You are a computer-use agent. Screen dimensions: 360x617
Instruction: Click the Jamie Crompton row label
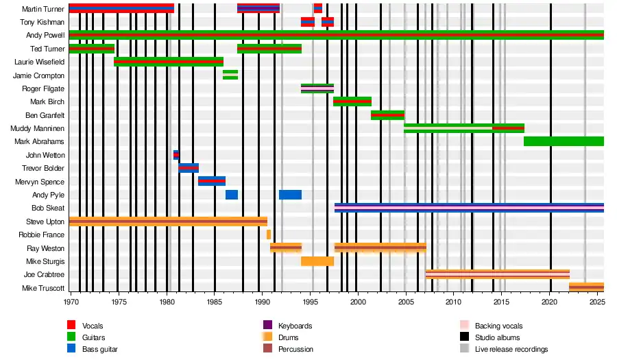[x=39, y=75]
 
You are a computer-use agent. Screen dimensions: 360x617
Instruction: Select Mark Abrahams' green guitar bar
[x=564, y=141]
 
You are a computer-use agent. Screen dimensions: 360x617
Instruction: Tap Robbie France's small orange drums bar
[x=269, y=235]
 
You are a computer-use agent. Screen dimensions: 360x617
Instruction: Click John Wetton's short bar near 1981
[x=176, y=155]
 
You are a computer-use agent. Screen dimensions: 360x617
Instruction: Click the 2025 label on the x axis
[x=596, y=302]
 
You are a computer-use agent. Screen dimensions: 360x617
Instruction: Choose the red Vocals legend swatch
[x=71, y=326]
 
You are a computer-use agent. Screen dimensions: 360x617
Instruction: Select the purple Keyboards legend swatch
[x=268, y=326]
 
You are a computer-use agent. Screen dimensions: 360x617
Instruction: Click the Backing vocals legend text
[x=498, y=326]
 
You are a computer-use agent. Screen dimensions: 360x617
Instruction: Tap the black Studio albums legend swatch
[x=464, y=337]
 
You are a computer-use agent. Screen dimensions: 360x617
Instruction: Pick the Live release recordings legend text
[x=511, y=349]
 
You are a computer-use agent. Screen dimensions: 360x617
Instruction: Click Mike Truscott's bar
[x=586, y=287]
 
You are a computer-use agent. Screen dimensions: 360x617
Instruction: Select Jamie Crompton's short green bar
[x=230, y=75]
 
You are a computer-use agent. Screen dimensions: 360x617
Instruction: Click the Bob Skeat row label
[x=48, y=208]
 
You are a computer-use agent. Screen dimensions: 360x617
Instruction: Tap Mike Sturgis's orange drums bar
[x=317, y=261]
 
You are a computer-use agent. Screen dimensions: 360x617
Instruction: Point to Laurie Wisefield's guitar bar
[x=169, y=62]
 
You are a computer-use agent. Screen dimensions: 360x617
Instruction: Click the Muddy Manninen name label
[x=38, y=128]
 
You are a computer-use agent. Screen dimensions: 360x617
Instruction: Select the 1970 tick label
[x=71, y=302]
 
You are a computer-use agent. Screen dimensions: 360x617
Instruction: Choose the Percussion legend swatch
[x=268, y=349]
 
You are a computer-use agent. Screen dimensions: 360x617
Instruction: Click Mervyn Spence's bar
[x=212, y=181]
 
